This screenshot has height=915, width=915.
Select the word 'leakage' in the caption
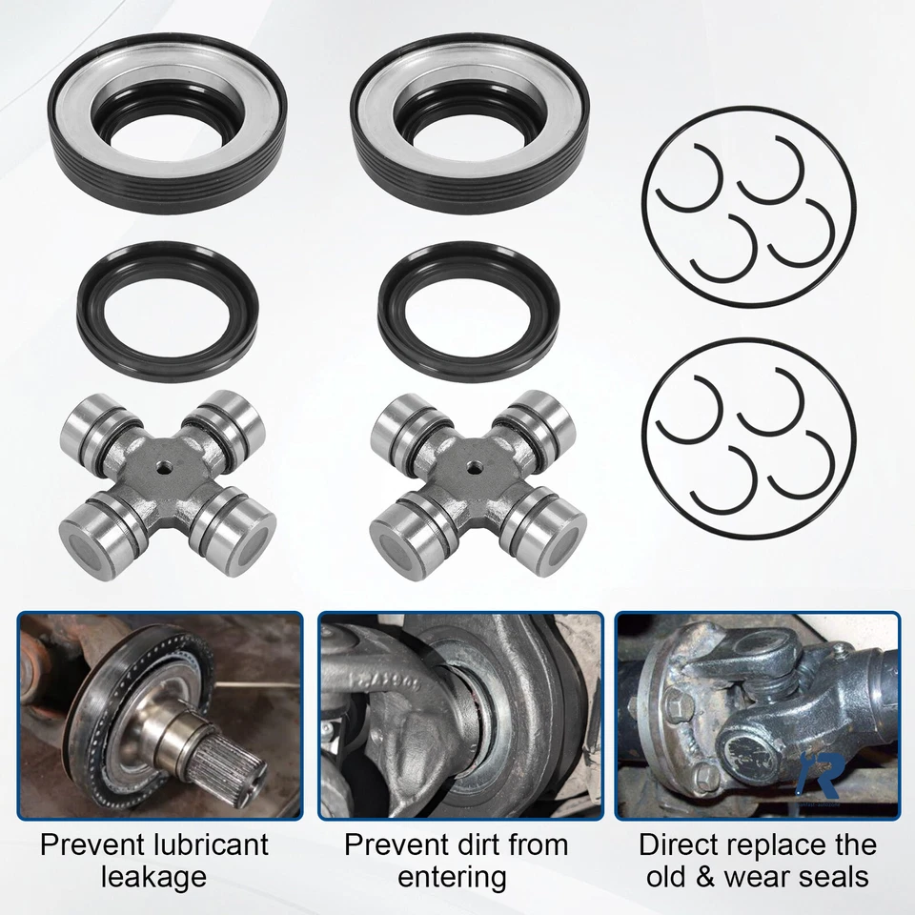coord(159,877)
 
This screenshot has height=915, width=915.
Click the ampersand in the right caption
coord(703,877)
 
